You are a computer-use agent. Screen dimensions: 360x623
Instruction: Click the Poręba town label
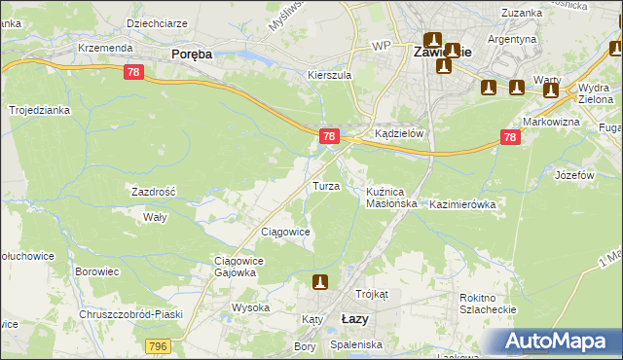192,55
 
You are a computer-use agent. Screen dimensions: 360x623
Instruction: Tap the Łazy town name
356,319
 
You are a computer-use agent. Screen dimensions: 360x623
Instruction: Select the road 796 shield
159,345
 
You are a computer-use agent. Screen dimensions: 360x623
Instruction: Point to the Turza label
325,186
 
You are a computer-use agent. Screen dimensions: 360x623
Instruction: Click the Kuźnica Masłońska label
391,198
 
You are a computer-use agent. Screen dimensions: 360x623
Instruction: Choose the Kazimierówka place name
463,205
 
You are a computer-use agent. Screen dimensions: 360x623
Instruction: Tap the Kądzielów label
399,134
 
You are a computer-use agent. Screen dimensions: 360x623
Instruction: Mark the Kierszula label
328,74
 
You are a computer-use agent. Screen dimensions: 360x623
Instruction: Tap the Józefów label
574,176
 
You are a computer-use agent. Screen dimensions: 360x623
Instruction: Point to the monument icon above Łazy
318,282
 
